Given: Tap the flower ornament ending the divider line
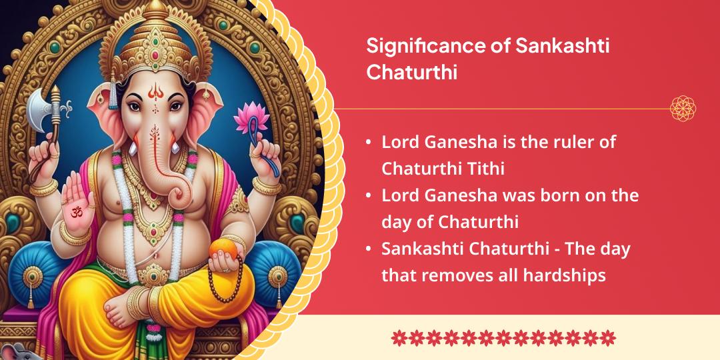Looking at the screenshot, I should pyautogui.click(x=683, y=109).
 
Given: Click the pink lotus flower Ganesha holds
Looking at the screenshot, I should pyautogui.click(x=251, y=118).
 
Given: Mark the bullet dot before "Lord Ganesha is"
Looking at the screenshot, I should pyautogui.click(x=369, y=143).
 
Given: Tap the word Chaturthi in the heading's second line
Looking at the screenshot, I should pyautogui.click(x=411, y=72).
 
